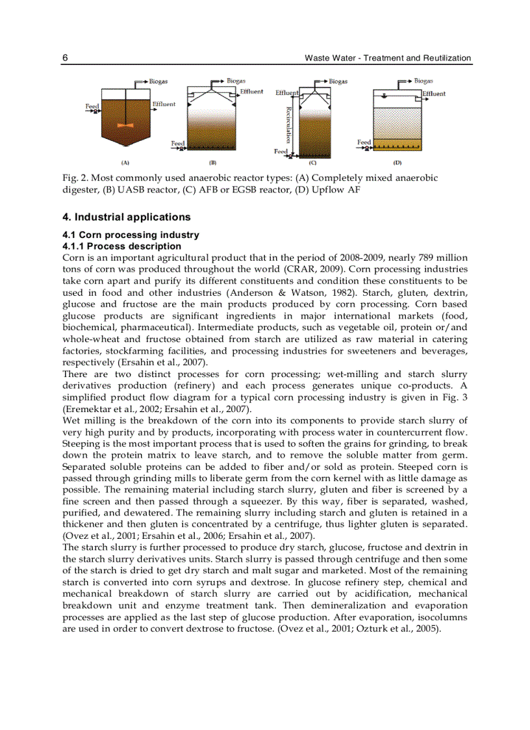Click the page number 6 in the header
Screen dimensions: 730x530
(66, 58)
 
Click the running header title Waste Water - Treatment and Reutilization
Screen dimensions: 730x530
(388, 58)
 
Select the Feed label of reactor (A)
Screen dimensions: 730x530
(92, 105)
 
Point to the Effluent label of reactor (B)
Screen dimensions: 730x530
(251, 92)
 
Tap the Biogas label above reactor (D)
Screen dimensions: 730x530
(423, 81)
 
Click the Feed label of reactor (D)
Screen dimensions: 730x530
(364, 142)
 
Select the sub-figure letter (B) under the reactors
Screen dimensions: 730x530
(212, 163)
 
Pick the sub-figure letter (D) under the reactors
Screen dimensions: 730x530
(397, 163)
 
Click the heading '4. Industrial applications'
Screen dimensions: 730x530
(127, 217)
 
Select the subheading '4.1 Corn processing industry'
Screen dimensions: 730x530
(131, 235)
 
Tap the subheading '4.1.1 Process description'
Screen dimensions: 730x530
(121, 246)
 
